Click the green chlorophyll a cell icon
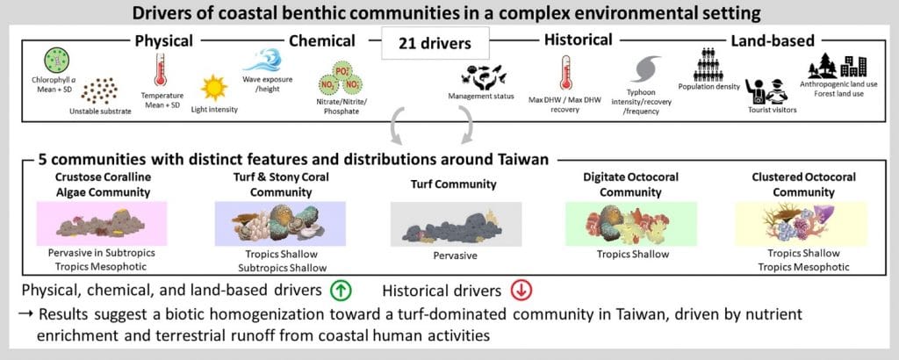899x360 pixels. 57,60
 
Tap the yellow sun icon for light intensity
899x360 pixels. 214,89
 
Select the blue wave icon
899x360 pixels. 263,60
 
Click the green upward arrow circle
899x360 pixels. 340,291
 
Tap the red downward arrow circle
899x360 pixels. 521,291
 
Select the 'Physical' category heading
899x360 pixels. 163,40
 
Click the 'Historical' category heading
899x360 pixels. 578,40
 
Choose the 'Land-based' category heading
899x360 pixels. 772,40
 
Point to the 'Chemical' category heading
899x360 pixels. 321,40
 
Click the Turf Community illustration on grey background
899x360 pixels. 456,224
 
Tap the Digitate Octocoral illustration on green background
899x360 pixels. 631,224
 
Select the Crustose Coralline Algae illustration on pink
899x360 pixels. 102,224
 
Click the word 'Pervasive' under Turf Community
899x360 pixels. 456,256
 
